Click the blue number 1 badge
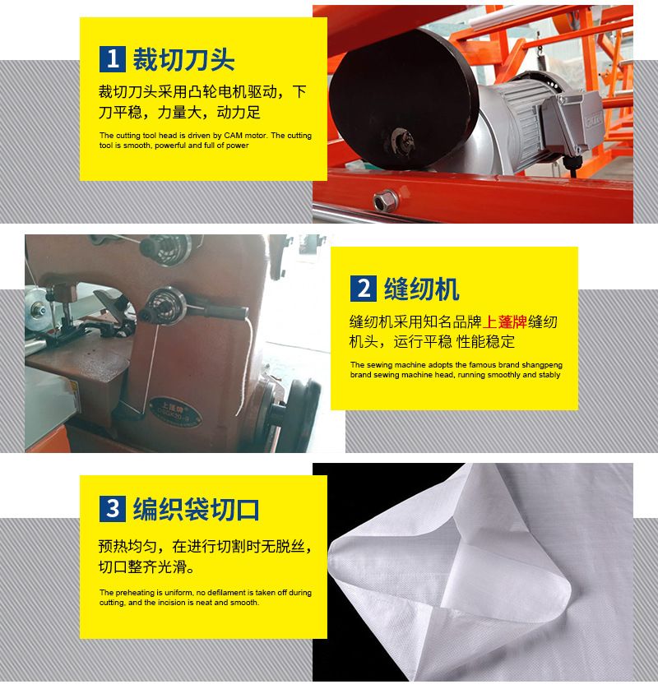point(113,59)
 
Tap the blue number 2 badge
point(363,289)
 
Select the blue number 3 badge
point(113,509)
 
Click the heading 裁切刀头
point(183,59)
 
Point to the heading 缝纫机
point(421,289)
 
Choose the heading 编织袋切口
point(196,509)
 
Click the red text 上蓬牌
point(504,322)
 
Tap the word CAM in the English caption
point(233,136)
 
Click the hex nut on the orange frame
point(386,201)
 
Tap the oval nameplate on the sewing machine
point(174,412)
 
